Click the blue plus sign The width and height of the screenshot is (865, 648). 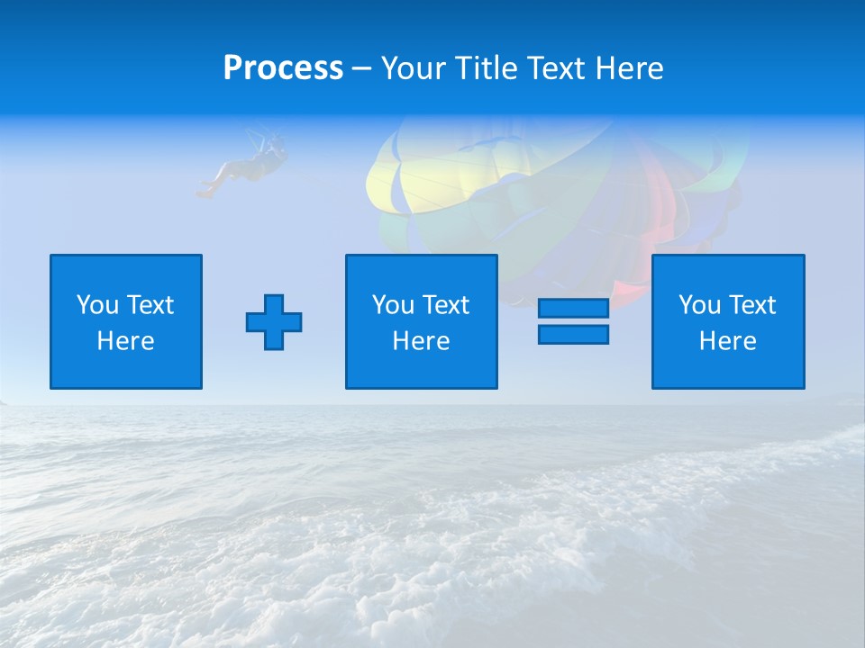click(274, 322)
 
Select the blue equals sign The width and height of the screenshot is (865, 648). click(573, 321)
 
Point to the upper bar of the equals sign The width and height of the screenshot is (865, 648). click(573, 309)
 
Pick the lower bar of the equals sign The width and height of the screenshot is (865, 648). click(573, 334)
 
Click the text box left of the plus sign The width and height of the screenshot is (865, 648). click(126, 321)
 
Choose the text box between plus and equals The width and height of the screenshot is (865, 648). click(421, 321)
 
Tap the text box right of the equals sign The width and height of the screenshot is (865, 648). click(728, 321)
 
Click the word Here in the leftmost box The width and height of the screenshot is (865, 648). click(125, 341)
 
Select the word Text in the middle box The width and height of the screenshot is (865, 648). click(445, 305)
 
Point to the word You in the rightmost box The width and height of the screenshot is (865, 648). click(699, 305)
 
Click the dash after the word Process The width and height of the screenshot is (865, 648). click(361, 69)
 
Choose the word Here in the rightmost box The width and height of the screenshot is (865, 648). click(727, 341)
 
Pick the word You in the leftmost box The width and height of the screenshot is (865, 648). click(97, 305)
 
